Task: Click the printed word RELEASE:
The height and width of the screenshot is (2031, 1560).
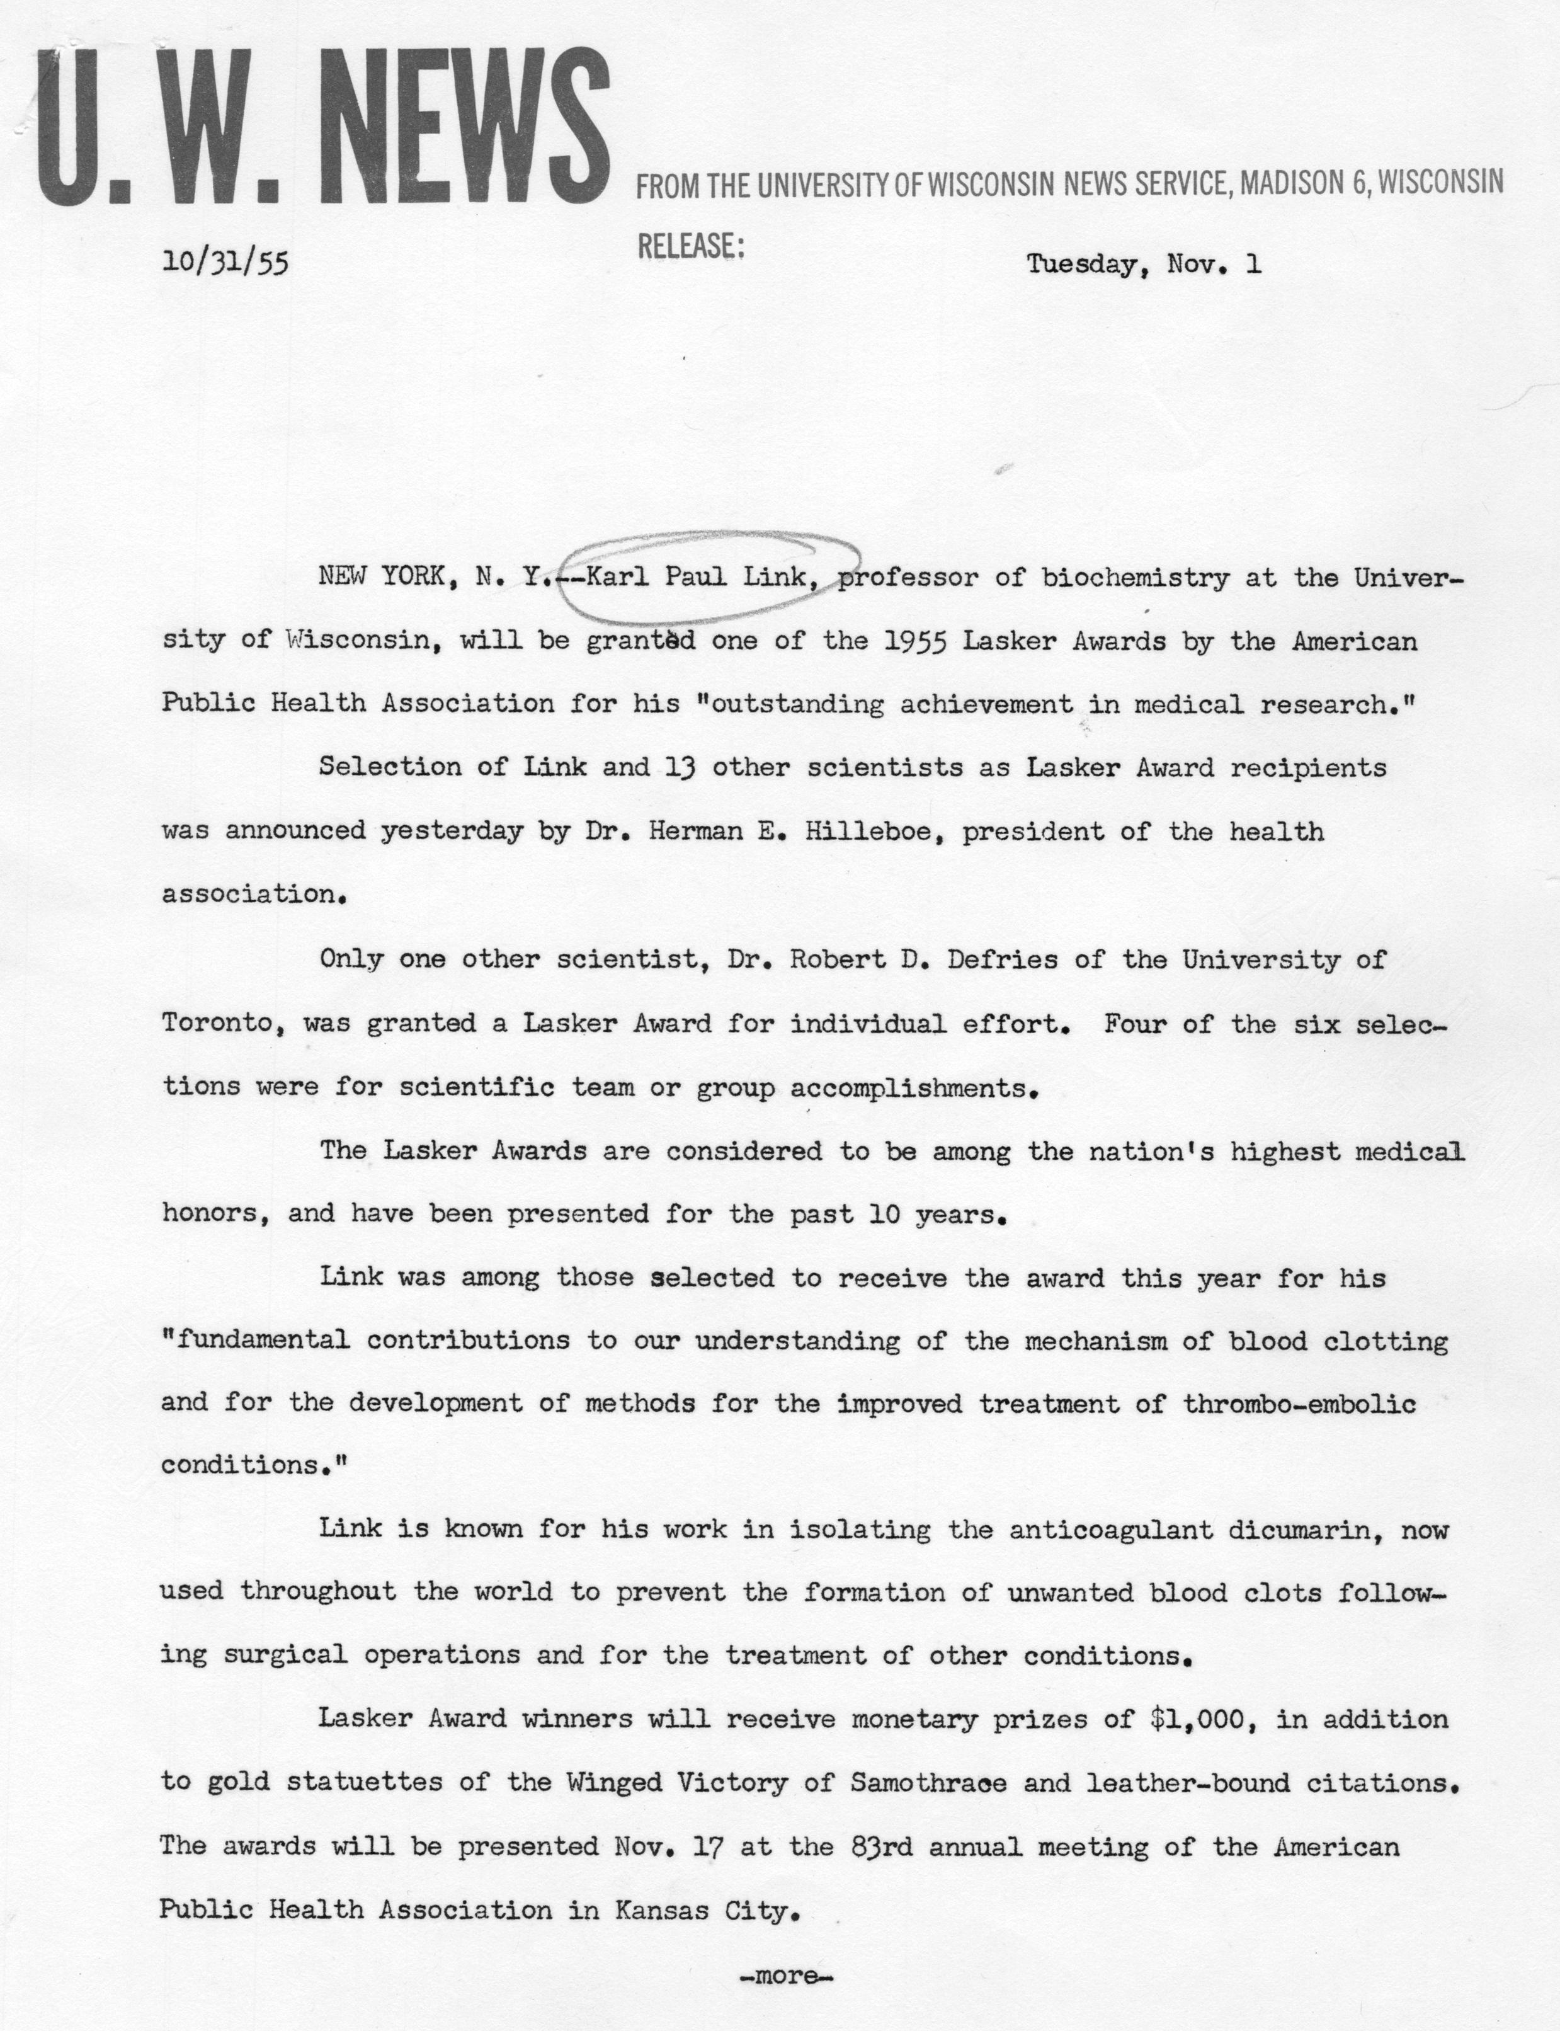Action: pos(691,246)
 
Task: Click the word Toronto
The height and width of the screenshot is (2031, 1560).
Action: pos(217,1024)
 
